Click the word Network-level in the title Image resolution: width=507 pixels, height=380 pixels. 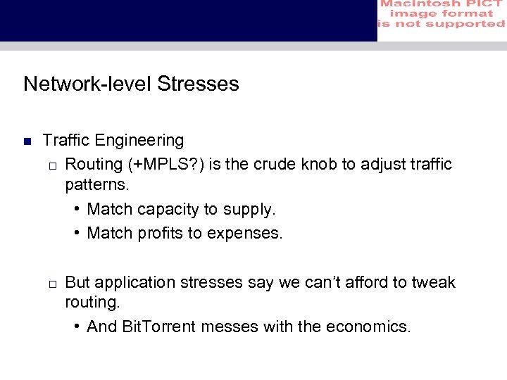[x=87, y=84]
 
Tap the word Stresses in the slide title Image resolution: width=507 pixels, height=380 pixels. [x=198, y=84]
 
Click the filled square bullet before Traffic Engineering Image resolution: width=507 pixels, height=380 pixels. [x=27, y=141]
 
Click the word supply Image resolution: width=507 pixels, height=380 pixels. [x=249, y=210]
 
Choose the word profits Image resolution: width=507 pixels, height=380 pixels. [x=159, y=233]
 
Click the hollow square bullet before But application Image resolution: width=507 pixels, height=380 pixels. [x=52, y=284]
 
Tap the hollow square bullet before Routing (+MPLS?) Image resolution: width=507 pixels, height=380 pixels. [x=52, y=165]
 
